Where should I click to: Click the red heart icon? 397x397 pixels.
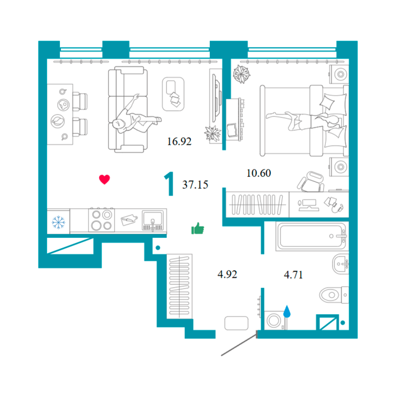(104, 179)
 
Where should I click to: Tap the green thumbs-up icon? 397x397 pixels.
(197, 228)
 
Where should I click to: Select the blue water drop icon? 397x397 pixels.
(286, 311)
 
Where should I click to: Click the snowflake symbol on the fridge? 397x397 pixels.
(58, 222)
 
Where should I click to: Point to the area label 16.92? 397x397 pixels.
(179, 141)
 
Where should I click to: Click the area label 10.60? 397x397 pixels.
(258, 173)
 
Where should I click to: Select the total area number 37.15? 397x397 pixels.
(195, 185)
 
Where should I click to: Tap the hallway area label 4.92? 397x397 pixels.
(227, 274)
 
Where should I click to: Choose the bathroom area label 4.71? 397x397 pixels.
(293, 274)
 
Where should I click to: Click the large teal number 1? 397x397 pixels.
(169, 184)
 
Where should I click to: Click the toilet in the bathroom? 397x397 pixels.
(334, 295)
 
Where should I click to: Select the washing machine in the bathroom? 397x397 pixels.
(274, 320)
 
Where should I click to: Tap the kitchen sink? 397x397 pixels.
(152, 220)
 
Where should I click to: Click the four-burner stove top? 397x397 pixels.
(101, 220)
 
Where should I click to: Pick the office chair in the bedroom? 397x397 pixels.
(311, 181)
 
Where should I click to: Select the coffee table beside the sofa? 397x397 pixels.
(173, 94)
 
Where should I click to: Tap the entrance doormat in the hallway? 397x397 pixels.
(236, 323)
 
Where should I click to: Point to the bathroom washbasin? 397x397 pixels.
(341, 264)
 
